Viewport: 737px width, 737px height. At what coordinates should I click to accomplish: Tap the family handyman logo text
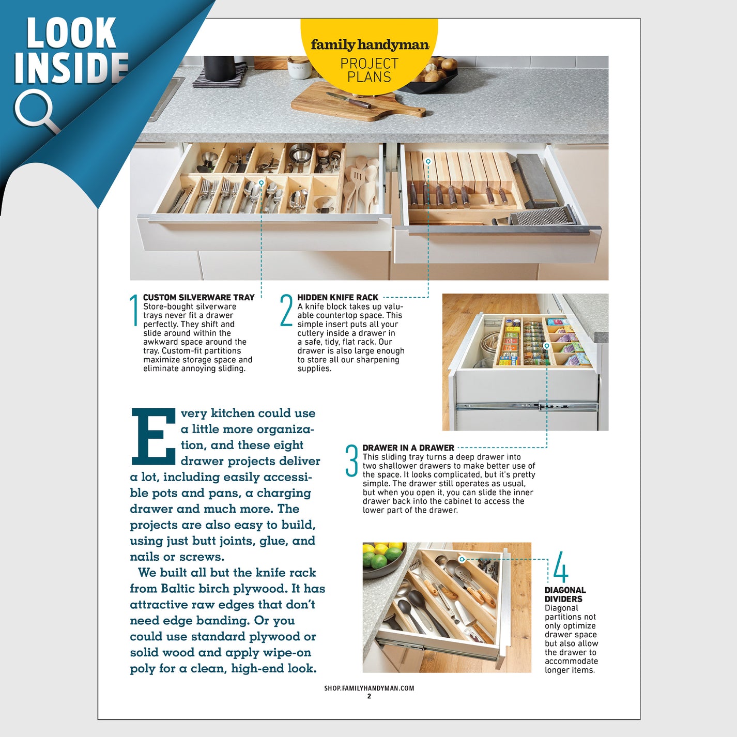(x=370, y=45)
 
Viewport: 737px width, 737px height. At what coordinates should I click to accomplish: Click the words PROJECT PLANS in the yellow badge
(x=369, y=70)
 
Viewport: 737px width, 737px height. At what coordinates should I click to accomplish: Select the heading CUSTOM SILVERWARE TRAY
(x=198, y=298)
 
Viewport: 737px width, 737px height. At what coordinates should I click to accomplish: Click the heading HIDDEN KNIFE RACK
(x=337, y=298)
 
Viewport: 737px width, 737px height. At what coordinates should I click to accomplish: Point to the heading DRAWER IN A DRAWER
(x=408, y=448)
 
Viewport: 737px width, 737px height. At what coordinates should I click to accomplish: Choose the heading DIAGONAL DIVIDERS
(x=565, y=594)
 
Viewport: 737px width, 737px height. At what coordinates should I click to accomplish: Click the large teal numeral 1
(x=134, y=310)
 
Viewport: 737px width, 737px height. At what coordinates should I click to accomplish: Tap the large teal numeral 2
(x=286, y=310)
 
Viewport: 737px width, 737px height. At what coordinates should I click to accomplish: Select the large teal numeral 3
(x=351, y=460)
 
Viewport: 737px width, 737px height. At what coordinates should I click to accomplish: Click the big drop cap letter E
(x=153, y=437)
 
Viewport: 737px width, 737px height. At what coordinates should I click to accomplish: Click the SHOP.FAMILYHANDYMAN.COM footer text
(x=369, y=688)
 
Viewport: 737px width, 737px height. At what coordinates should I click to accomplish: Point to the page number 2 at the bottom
(x=369, y=697)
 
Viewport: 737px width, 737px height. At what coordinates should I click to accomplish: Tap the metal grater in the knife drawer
(x=543, y=216)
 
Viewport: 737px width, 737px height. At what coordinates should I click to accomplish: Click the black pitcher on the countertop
(x=219, y=69)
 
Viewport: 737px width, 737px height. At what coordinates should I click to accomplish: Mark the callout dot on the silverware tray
(x=262, y=183)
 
